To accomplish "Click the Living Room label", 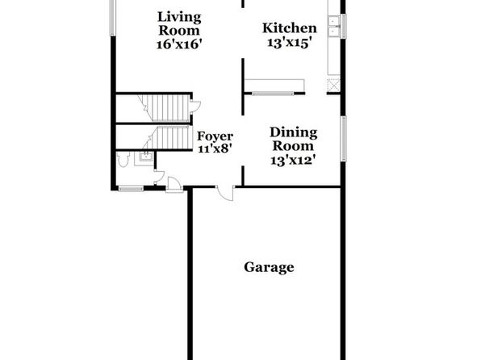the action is tap(179, 23).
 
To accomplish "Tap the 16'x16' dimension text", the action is tap(179, 44).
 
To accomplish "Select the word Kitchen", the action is tap(290, 28).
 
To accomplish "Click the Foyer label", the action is tap(215, 136).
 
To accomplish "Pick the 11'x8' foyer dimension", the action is tap(215, 149).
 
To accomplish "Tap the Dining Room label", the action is tap(294, 139).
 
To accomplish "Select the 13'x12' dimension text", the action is tap(293, 160).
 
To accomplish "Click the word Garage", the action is tap(269, 267).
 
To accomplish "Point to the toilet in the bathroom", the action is tap(123, 159).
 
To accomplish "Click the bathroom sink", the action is tap(146, 157).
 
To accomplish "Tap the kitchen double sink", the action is tap(334, 27).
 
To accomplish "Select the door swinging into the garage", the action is tap(225, 194).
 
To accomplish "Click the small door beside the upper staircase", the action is tap(195, 107).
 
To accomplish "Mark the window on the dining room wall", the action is tap(344, 139).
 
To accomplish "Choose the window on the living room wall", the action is tap(112, 17).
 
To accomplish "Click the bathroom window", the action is tap(131, 188).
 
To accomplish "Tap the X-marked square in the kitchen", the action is tap(333, 85).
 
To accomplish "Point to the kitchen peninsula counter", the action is tap(274, 85).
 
